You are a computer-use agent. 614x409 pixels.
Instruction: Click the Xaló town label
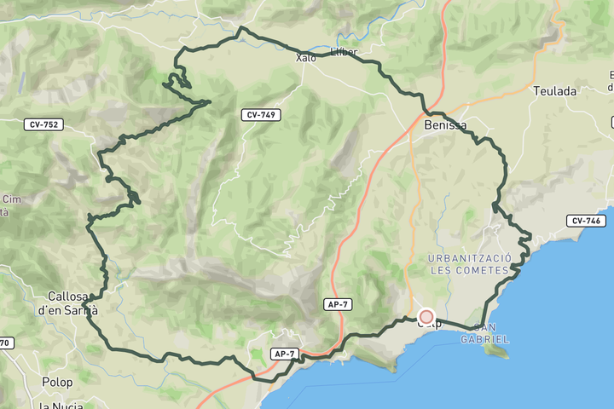305,58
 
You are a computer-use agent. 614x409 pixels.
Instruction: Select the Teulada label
554,90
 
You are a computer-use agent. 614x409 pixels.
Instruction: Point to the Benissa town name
445,125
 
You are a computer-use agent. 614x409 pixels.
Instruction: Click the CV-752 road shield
44,124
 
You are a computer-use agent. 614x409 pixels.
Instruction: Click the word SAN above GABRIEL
485,328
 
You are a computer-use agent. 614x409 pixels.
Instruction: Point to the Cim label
11,199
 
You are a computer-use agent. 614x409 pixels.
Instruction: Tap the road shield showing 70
5,343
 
